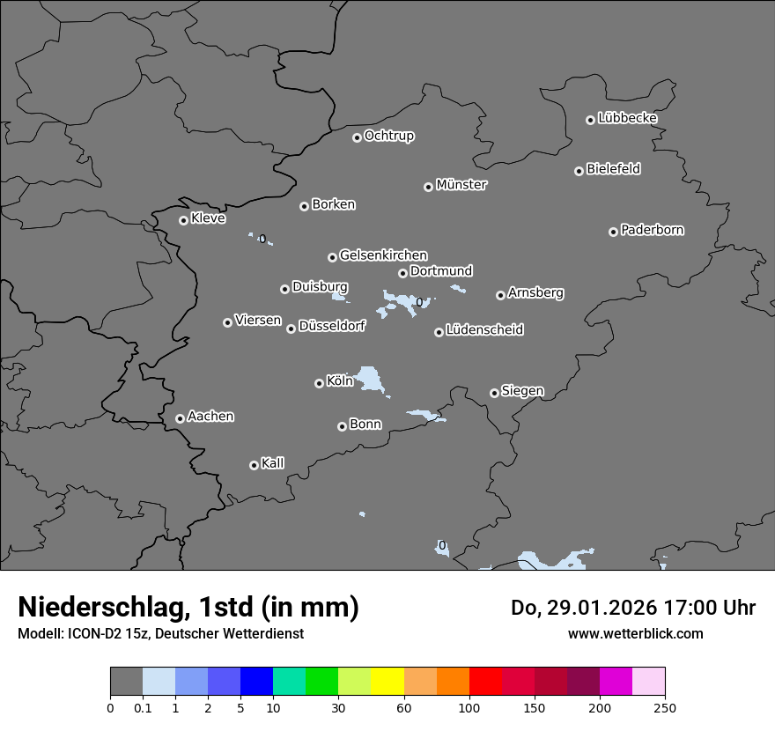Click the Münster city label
(x=461, y=185)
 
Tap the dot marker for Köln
(x=319, y=383)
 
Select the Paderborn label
(x=652, y=230)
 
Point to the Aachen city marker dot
(x=180, y=418)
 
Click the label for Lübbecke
(x=627, y=118)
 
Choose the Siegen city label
(x=522, y=391)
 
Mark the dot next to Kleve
(x=183, y=220)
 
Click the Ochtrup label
(x=388, y=136)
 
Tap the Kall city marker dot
(x=254, y=465)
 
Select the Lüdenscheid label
(x=484, y=330)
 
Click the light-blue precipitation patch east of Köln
(x=372, y=380)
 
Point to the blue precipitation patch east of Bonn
(x=424, y=415)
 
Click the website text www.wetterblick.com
(x=635, y=633)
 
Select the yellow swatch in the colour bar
(x=387, y=682)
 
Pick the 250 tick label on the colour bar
(x=665, y=707)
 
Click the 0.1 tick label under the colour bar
(x=143, y=707)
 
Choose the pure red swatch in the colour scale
(x=485, y=682)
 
